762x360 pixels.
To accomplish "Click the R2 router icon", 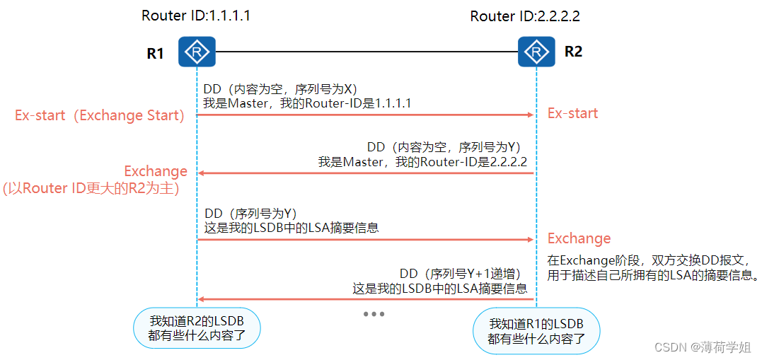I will click(537, 52).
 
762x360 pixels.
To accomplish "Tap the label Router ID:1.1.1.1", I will click(196, 16).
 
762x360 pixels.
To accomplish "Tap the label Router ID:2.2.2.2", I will click(525, 16).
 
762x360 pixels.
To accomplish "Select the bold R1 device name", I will click(155, 53).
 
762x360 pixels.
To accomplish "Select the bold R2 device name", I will click(573, 52).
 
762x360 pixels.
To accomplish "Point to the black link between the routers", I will click(366, 52).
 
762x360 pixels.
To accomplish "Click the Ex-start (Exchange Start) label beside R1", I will click(100, 115).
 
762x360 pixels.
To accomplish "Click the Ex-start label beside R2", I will click(572, 113).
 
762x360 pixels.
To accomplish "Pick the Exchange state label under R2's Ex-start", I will click(579, 238).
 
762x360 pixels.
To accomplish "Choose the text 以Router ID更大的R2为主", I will click(91, 188).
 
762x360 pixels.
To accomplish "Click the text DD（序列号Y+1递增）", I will click(461, 274).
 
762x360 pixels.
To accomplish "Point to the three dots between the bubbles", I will click(373, 313).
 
